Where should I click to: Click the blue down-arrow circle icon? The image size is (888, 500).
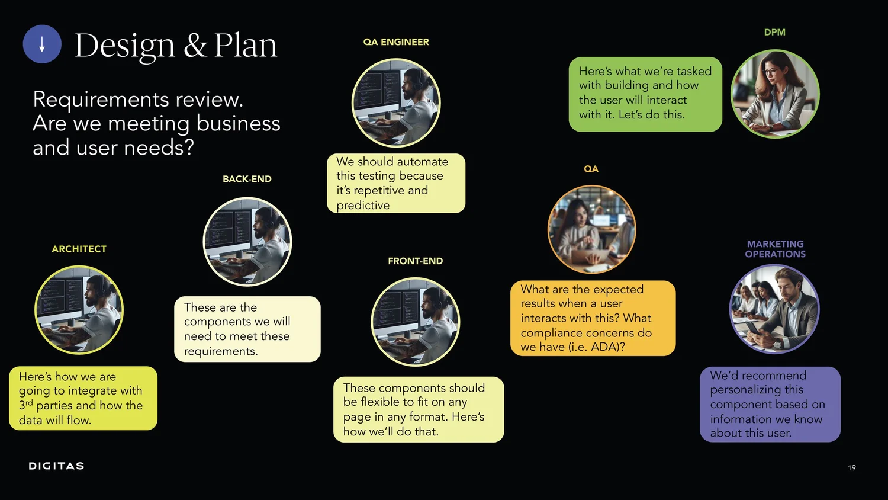coord(42,44)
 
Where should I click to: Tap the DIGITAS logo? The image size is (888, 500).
coord(56,466)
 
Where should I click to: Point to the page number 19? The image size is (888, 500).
coord(852,468)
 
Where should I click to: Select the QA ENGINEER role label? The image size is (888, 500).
coord(396,42)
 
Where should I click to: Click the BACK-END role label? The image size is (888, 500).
coord(247,179)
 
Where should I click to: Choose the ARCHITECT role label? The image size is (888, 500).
coord(79,249)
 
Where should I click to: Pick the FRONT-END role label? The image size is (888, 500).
coord(415,261)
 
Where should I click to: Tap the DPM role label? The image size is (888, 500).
coord(774,33)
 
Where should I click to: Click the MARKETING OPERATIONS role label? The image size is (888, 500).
coord(775,249)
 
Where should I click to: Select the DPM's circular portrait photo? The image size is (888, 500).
coord(775,94)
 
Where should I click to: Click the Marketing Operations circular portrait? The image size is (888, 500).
coord(774,309)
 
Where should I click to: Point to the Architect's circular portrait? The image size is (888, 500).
coord(79,310)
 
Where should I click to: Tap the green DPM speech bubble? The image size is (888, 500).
coord(645,94)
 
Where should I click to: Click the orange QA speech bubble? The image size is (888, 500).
coord(593,318)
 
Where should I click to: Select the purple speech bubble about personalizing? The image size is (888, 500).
coord(770,404)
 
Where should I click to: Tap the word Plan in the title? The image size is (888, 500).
coord(245,46)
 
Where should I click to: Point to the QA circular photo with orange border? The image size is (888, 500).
coord(591,229)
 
